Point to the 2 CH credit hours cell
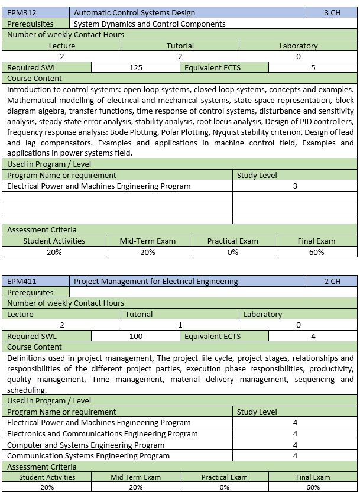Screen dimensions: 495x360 pyautogui.click(x=332, y=281)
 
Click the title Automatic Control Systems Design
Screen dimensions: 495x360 pyautogui.click(x=134, y=12)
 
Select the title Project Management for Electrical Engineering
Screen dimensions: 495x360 pyautogui.click(x=155, y=281)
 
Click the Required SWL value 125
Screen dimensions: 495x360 pyautogui.click(x=135, y=67)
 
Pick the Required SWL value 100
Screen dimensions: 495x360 pyautogui.click(x=135, y=336)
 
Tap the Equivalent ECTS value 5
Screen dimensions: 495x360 pyautogui.click(x=313, y=67)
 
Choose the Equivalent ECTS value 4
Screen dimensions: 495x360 pyautogui.click(x=313, y=336)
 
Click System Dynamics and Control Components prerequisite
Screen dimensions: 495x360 pyautogui.click(x=150, y=24)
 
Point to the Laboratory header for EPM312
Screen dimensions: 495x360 pyautogui.click(x=298, y=46)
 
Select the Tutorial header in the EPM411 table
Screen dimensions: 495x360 pyautogui.click(x=139, y=314)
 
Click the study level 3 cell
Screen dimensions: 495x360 pyautogui.click(x=295, y=186)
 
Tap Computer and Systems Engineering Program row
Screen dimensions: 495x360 pyautogui.click(x=86, y=445)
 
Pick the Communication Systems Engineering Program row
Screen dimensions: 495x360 pyautogui.click(x=88, y=455)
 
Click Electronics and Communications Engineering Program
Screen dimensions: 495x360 pyautogui.click(x=102, y=433)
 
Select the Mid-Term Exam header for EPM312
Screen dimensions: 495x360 pyautogui.click(x=147, y=241)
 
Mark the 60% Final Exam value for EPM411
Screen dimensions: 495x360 pyautogui.click(x=313, y=487)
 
